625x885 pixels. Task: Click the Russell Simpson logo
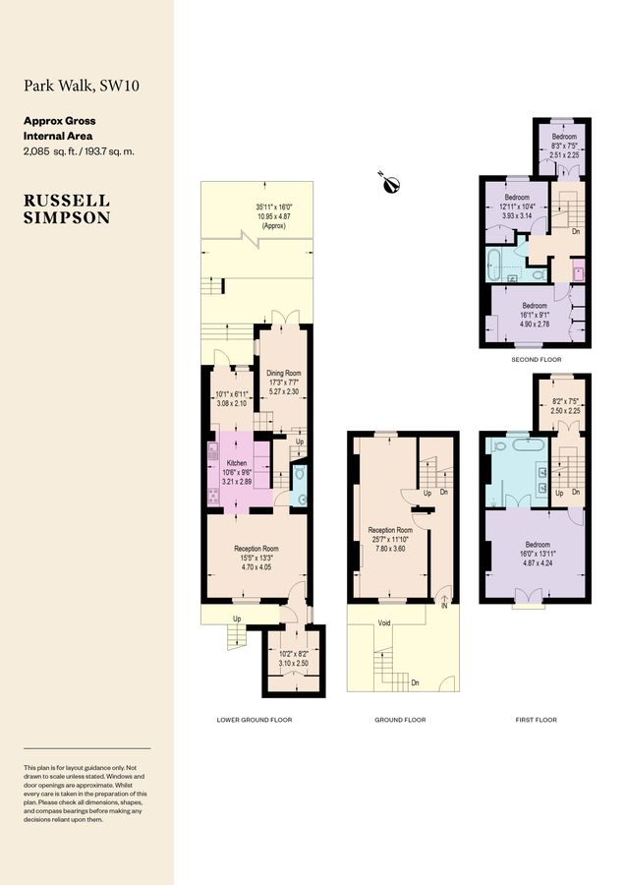tap(67, 208)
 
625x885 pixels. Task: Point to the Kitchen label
tap(237, 462)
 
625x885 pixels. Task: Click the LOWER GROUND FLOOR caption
tap(254, 720)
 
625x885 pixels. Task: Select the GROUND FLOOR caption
tap(400, 720)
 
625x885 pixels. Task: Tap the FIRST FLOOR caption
tap(536, 720)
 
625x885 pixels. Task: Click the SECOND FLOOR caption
tap(536, 360)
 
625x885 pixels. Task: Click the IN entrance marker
tap(444, 607)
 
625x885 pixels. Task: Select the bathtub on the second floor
tap(494, 262)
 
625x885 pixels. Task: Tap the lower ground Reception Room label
tap(256, 549)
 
